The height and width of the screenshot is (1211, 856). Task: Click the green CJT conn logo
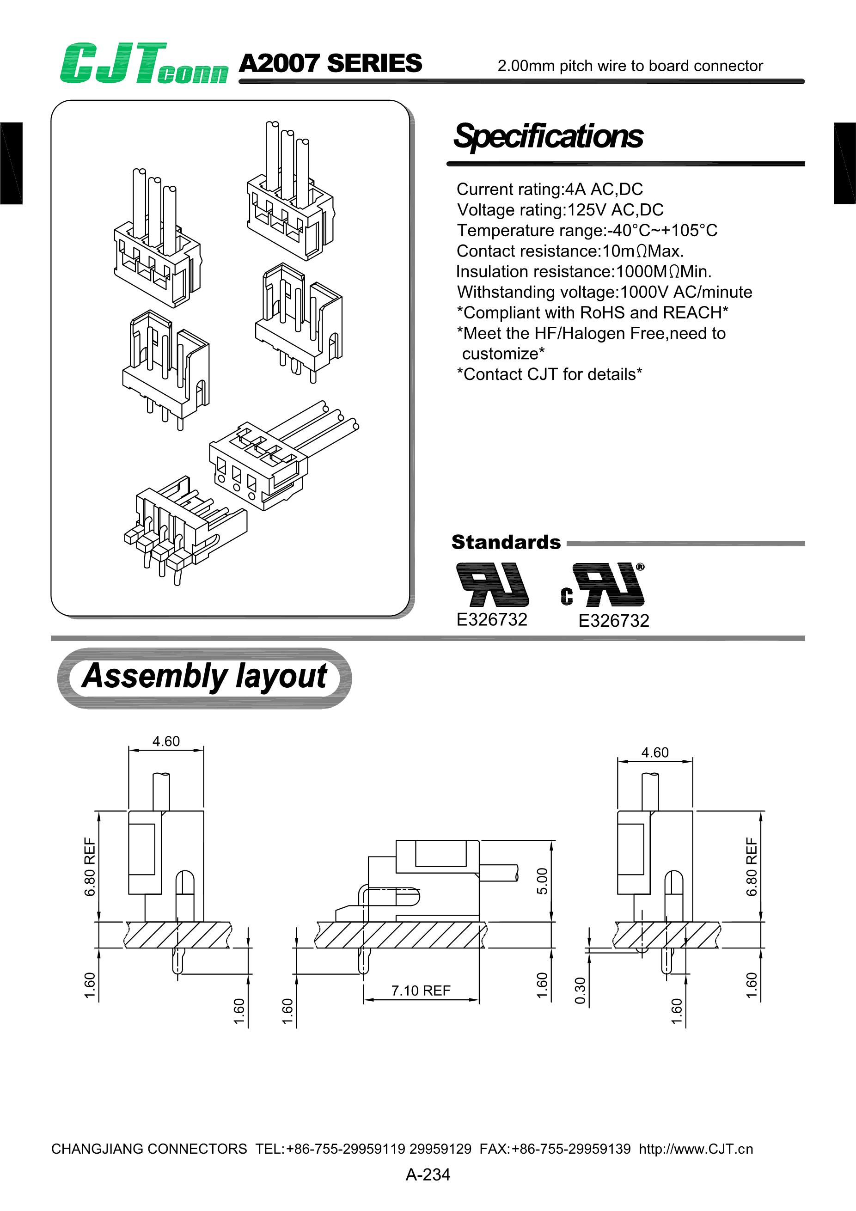[143, 64]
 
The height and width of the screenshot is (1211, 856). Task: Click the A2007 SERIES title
[330, 64]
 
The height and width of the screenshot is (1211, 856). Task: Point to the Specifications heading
[549, 136]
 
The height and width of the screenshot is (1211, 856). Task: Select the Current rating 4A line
[550, 190]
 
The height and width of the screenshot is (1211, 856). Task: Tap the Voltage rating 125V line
[560, 210]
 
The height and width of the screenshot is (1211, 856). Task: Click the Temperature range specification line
[587, 231]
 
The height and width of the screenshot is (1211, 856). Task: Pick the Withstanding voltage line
[605, 292]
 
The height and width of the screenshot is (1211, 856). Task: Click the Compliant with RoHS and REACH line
[592, 313]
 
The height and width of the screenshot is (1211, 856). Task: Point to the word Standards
[506, 542]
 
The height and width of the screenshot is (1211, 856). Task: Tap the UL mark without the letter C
[492, 584]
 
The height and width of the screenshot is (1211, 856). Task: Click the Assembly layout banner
[204, 677]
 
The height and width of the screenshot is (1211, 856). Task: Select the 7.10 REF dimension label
[420, 991]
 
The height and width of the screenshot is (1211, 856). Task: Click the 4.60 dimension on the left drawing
[166, 741]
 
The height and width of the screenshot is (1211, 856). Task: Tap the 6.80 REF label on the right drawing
[752, 867]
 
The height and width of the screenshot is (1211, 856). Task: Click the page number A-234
[428, 1174]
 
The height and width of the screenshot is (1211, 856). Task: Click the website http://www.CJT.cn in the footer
[696, 1149]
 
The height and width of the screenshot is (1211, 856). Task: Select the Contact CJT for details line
[549, 374]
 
